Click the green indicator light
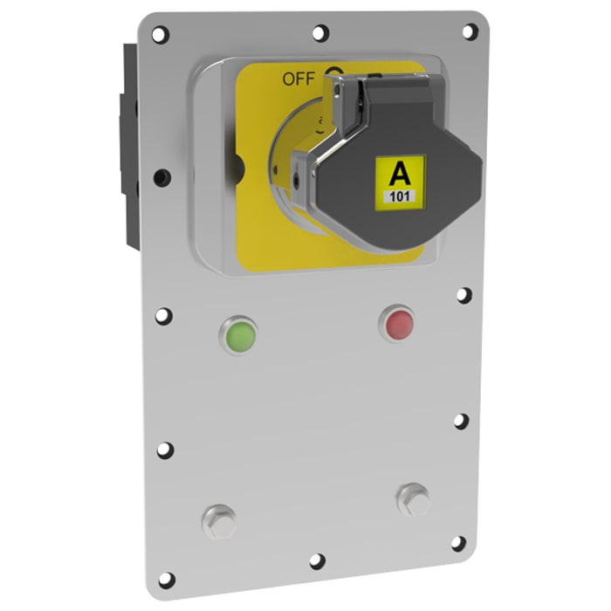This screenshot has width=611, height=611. click(240, 333)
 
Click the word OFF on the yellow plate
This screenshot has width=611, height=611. click(297, 79)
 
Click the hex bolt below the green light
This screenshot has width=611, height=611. click(219, 521)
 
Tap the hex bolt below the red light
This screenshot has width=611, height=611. click(412, 500)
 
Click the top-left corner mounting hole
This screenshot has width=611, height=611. click(159, 34)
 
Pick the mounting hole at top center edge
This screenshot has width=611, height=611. click(319, 33)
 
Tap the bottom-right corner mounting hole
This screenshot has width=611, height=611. click(457, 543)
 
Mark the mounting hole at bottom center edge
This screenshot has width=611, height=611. click(317, 560)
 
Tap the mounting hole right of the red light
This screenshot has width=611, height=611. click(463, 295)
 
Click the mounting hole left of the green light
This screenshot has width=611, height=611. click(163, 315)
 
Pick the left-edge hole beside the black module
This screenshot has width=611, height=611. click(160, 177)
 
